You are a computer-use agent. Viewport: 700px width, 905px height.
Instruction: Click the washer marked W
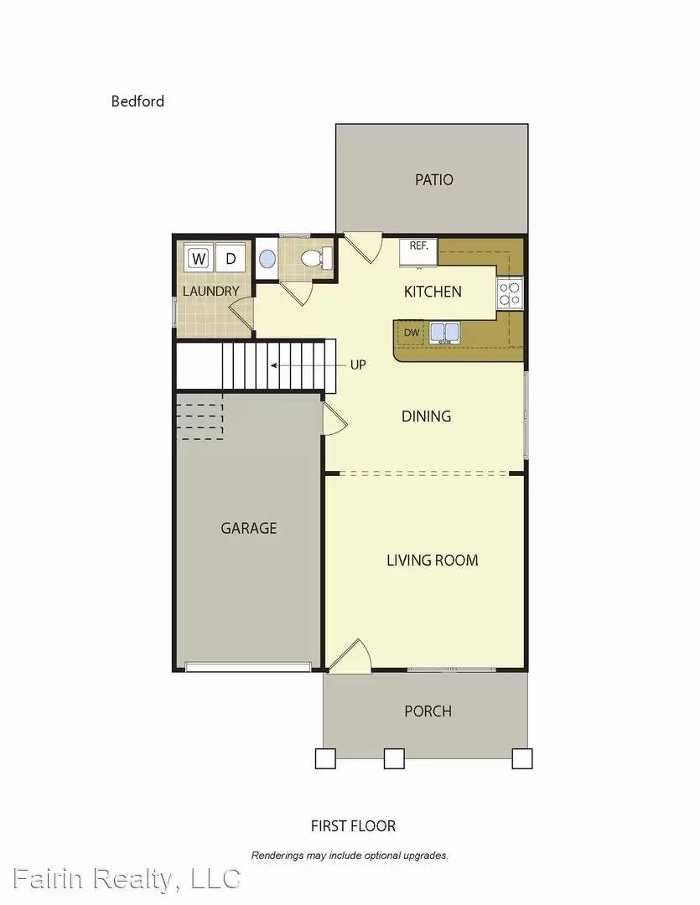199,258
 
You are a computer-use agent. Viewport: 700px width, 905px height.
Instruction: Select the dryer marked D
231,258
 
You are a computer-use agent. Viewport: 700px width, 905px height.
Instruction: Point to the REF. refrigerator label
418,246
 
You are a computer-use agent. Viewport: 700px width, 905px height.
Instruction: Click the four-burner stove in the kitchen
510,292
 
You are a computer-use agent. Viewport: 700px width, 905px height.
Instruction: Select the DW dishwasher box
412,334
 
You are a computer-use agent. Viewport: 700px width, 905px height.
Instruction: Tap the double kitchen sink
444,333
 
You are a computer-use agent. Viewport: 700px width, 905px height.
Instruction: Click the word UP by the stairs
358,365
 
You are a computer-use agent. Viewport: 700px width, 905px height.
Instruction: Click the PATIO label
434,179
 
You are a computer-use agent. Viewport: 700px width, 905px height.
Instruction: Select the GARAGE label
249,528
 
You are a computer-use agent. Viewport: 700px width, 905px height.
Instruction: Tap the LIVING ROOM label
433,560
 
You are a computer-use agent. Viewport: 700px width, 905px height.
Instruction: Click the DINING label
426,416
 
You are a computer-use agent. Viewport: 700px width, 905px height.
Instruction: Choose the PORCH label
428,711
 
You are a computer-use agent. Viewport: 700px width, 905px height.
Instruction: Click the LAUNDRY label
211,292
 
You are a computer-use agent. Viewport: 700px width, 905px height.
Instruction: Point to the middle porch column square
394,758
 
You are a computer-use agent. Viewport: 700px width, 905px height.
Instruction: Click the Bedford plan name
137,101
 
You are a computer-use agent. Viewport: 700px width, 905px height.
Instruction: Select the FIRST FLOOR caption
353,826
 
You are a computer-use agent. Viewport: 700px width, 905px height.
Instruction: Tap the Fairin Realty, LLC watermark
122,879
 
